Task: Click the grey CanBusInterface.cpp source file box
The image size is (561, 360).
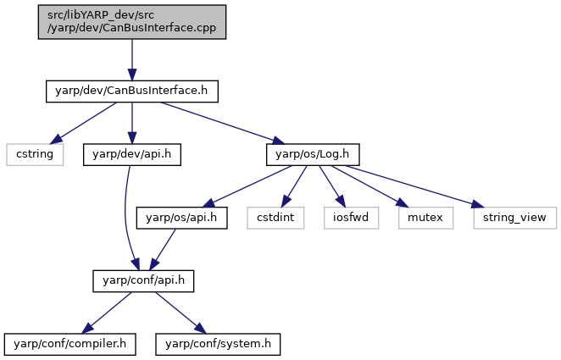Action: pos(132,22)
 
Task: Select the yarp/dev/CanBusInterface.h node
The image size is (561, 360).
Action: pos(132,91)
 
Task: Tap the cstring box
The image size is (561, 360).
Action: pos(35,154)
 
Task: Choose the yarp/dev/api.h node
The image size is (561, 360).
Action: pos(132,154)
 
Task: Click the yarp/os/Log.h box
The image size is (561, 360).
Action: pos(313,154)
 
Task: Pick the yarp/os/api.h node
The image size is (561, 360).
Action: pos(181,218)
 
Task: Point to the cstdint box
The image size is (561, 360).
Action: pos(275,218)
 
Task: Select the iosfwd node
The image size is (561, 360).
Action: pos(351,218)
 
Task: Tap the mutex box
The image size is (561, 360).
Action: pos(425,218)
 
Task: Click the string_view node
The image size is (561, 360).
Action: pos(515,218)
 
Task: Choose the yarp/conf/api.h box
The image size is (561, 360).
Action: pos(143,281)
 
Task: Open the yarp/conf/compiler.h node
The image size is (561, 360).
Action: pos(70,344)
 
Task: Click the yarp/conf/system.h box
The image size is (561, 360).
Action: pos(218,344)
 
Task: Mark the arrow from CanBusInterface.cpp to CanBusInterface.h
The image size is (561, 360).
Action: pos(132,59)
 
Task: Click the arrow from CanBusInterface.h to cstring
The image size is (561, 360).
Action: pos(83,124)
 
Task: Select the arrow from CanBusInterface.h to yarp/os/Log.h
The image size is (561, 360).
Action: pos(223,123)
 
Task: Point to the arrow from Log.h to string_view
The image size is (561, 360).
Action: pos(414,186)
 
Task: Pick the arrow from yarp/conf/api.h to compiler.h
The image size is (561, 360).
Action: pos(107,313)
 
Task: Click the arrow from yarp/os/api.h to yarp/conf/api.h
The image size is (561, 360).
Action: pos(163,250)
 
